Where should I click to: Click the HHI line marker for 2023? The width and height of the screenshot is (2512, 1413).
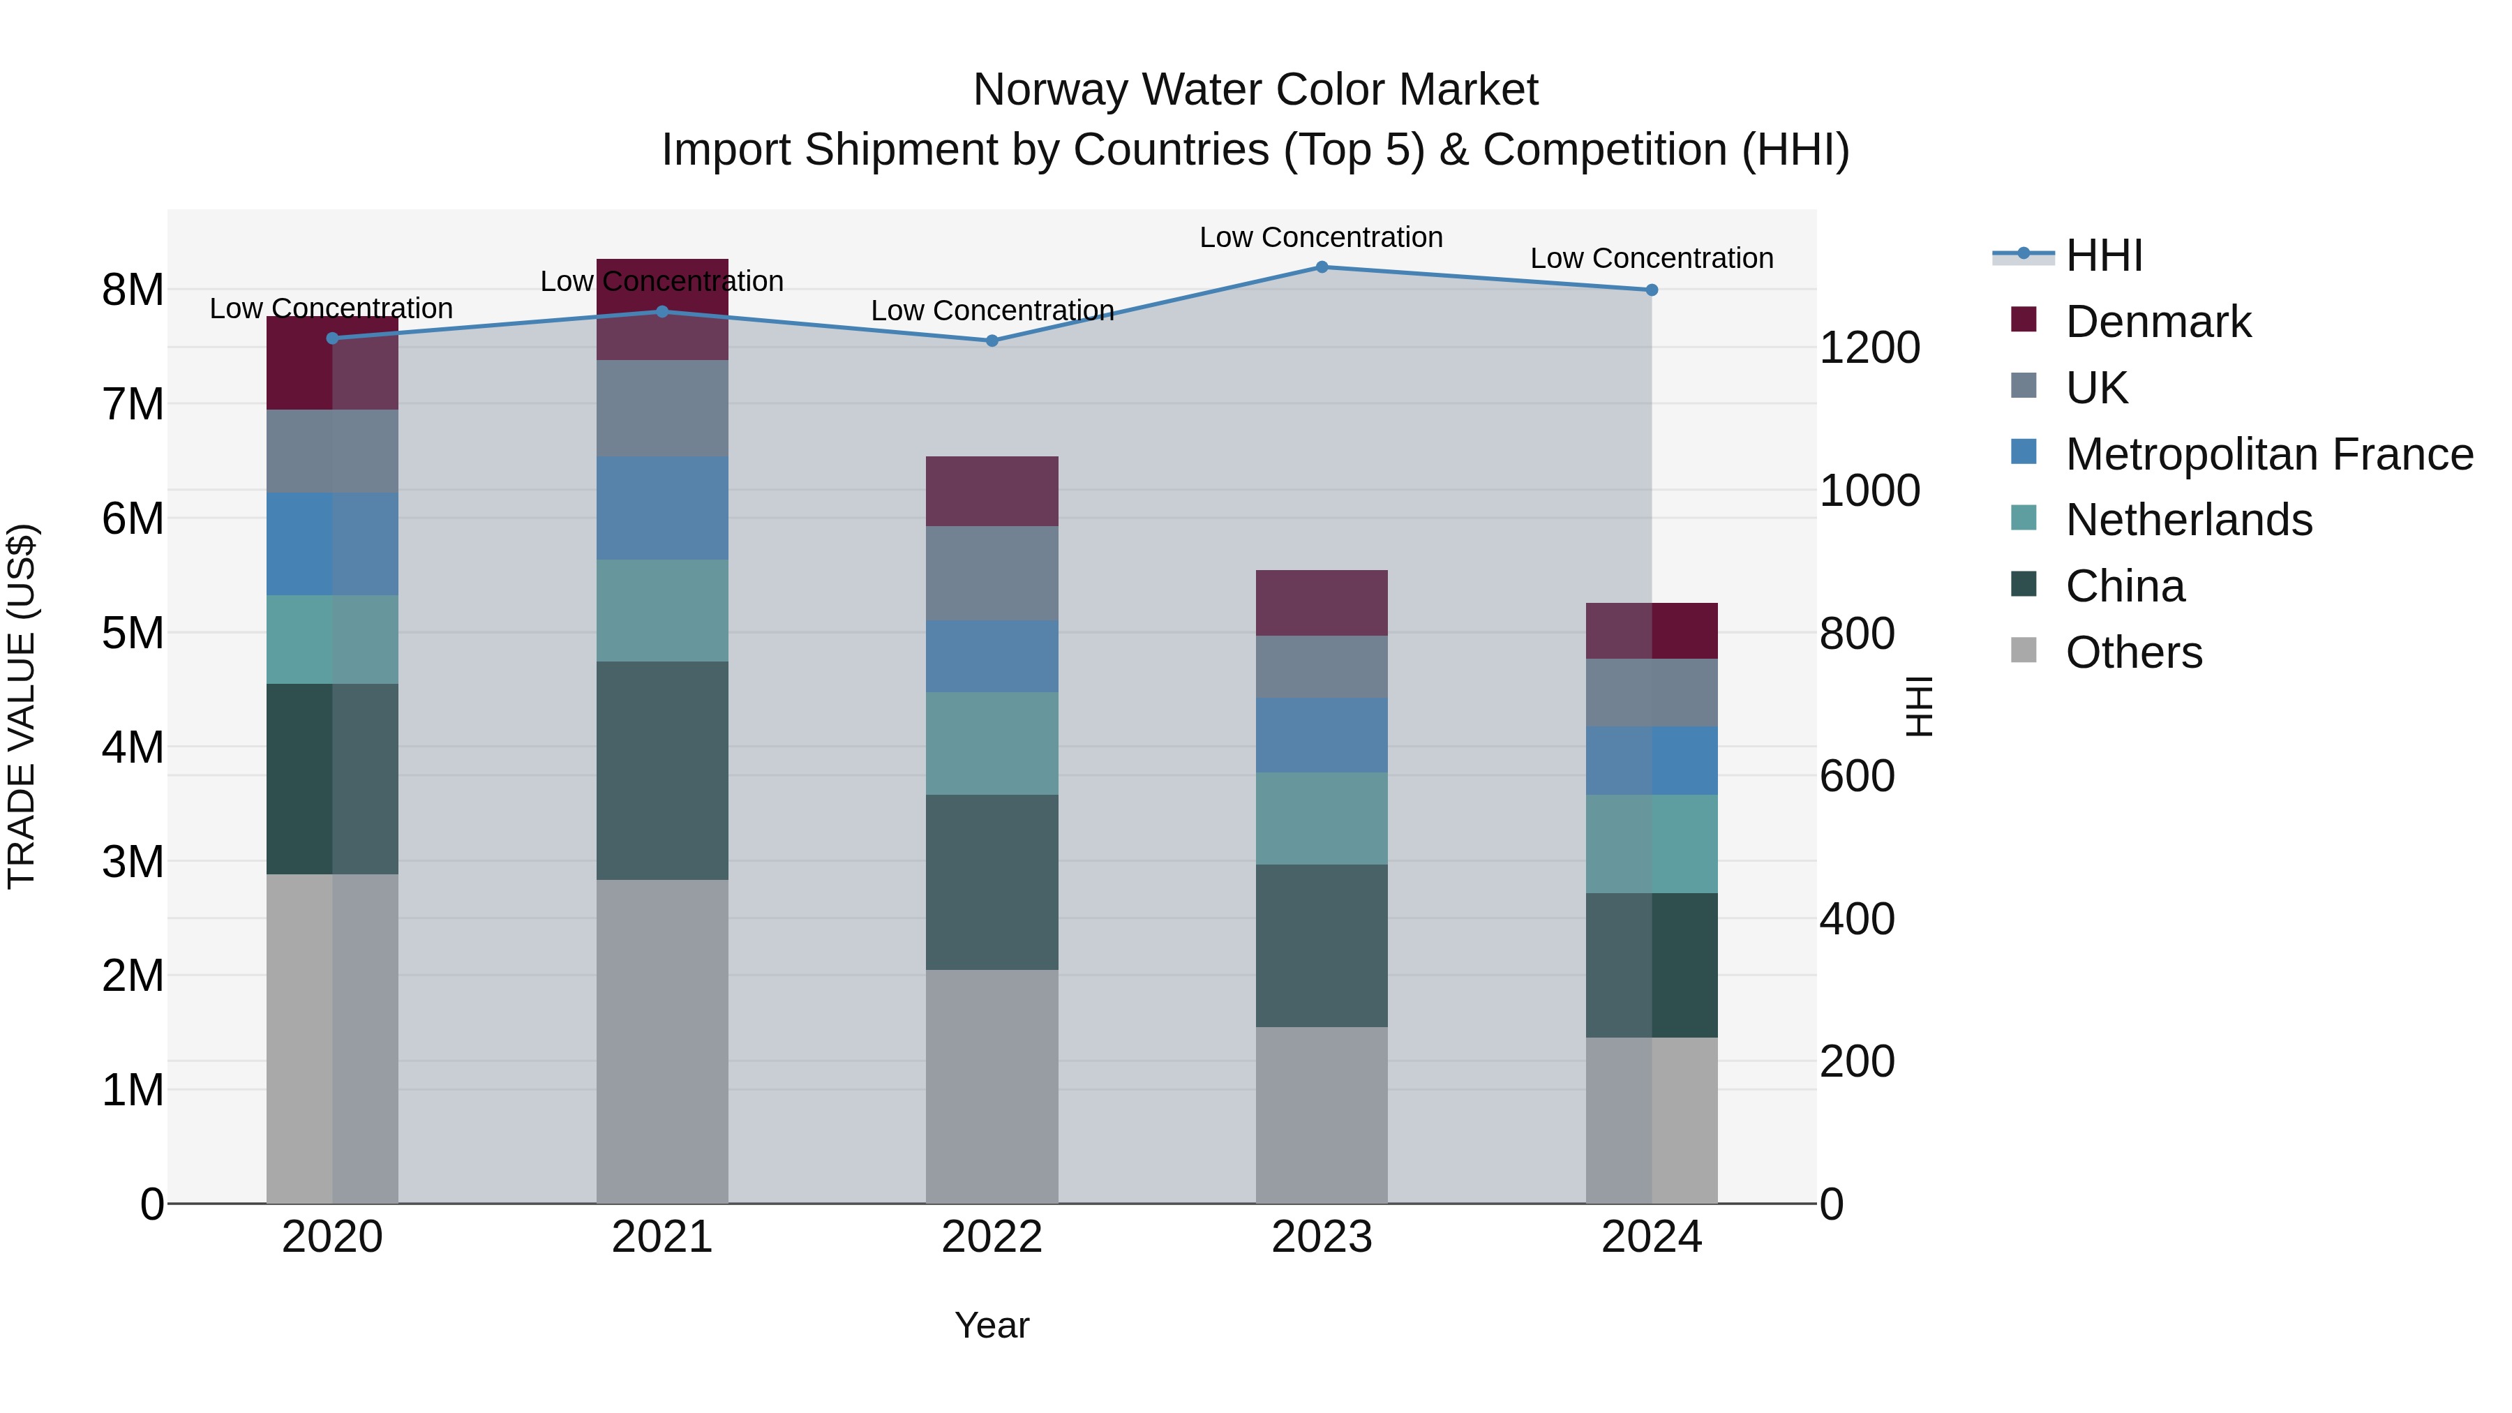1322,267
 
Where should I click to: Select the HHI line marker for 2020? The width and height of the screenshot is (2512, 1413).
333,338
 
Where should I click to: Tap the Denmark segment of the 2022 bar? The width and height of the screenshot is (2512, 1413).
992,491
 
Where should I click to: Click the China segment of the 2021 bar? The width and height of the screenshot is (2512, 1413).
662,770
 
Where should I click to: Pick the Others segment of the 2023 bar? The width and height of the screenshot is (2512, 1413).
1322,1114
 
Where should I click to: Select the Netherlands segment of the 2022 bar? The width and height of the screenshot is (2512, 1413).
992,743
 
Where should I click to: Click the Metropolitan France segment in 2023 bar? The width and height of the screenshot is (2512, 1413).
1322,735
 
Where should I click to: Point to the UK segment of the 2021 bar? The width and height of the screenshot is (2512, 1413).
662,409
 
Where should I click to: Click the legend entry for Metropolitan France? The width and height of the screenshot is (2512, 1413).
2268,454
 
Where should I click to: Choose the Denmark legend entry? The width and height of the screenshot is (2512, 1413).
2157,322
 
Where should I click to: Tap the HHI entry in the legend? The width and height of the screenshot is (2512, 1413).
2103,255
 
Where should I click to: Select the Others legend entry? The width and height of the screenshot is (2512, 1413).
2132,652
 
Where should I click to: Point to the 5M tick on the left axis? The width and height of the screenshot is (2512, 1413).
133,633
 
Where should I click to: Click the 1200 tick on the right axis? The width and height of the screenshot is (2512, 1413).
1869,348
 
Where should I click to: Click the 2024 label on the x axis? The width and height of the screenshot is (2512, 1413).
1651,1237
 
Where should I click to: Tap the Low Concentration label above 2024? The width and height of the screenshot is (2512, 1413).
1651,258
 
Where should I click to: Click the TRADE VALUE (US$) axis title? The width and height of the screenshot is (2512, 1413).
22,706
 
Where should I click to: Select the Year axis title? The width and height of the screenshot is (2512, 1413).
992,1325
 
